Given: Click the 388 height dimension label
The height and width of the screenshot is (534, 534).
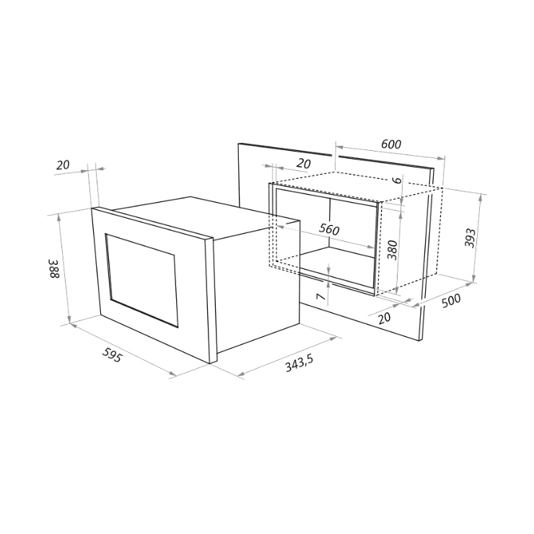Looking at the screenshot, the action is coord(54,268).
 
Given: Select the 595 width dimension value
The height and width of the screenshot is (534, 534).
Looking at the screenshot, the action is coord(112,355).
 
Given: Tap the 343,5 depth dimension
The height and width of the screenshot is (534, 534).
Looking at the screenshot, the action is coord(299,363).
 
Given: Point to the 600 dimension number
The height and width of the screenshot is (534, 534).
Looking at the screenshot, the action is coord(391,144).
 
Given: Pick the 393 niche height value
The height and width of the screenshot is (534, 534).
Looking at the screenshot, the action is coord(470,237).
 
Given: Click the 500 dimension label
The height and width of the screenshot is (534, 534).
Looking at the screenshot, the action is coord(450,300).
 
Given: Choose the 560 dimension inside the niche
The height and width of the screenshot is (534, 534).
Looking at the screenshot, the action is coord(329,229).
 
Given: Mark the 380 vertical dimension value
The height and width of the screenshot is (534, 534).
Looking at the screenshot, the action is coord(393,250).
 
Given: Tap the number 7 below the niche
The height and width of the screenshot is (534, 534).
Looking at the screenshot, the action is coord(321,297).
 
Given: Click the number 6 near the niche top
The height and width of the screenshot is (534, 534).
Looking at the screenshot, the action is coord(398,180).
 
